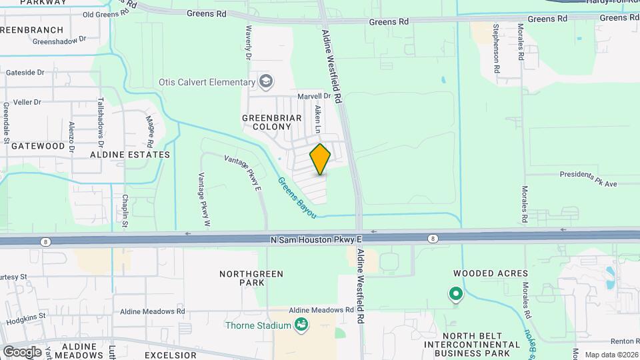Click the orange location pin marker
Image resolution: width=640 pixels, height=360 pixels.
click(x=320, y=159)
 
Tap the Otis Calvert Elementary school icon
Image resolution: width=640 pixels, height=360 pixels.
click(x=266, y=83)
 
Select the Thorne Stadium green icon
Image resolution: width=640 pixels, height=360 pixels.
click(x=301, y=325)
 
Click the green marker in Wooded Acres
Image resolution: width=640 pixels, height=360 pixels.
click(x=456, y=293)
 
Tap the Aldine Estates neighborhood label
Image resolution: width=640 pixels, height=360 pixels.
click(x=131, y=154)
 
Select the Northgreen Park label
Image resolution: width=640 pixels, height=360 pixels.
click(x=252, y=279)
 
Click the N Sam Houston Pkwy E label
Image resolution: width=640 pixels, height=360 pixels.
click(x=317, y=239)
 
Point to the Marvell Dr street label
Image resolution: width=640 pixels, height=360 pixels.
click(x=314, y=96)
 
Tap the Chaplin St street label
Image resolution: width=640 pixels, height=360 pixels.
click(x=125, y=210)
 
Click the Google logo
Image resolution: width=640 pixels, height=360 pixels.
click(x=22, y=351)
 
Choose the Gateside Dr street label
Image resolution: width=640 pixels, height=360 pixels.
click(x=25, y=72)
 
